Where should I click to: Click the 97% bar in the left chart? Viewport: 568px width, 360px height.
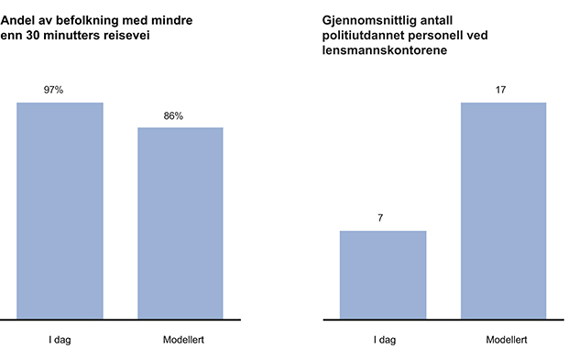tap(60, 211)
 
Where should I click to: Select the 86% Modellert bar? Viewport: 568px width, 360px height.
tap(180, 224)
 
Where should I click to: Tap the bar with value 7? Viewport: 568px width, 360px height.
tap(383, 275)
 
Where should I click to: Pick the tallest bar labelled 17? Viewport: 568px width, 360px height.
tap(504, 211)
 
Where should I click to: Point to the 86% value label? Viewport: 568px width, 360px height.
tap(173, 116)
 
